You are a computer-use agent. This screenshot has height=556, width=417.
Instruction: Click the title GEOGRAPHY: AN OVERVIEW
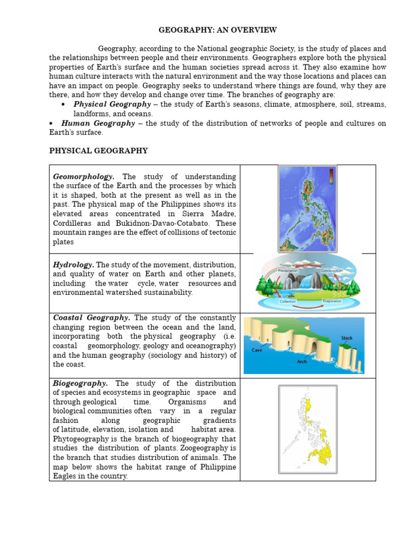tap(217, 30)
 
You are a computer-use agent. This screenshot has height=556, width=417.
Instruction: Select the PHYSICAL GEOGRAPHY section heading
tap(98, 150)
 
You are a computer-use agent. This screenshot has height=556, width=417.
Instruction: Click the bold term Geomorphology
tap(84, 176)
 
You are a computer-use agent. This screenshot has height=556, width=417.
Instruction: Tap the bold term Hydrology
tap(73, 264)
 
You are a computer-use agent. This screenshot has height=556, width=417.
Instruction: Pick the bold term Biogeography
tap(80, 383)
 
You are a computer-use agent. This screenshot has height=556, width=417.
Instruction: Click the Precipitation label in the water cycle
tap(288, 270)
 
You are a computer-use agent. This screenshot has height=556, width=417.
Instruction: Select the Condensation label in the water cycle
tap(331, 270)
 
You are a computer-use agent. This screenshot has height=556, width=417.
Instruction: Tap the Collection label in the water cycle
tap(287, 301)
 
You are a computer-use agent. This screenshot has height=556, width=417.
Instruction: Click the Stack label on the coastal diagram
tap(346, 338)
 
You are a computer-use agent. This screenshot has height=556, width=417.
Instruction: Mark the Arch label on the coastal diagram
tap(302, 361)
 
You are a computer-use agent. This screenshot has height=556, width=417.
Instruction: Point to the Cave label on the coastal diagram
tap(257, 350)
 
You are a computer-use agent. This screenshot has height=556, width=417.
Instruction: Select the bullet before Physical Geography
tap(64, 104)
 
